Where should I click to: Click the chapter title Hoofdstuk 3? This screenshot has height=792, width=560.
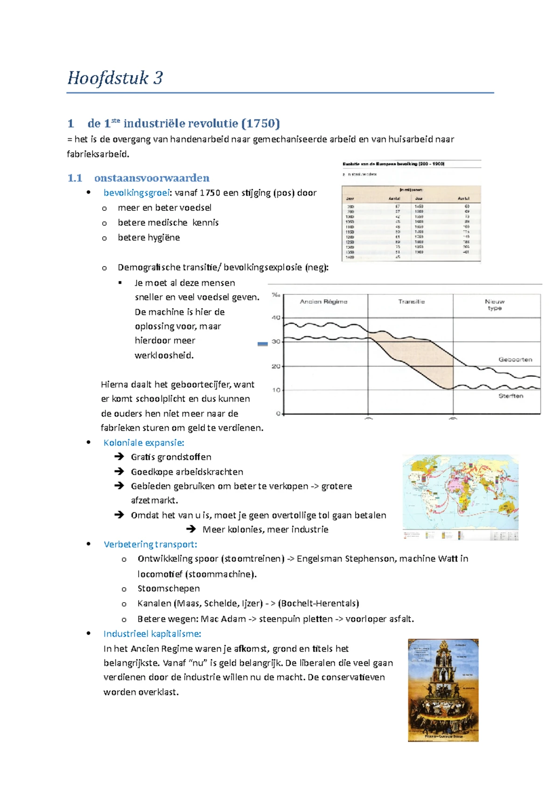(115, 78)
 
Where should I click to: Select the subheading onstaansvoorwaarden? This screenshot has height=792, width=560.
(152, 178)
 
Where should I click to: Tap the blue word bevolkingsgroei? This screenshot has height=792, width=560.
(136, 193)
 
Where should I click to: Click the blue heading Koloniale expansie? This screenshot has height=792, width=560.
(144, 443)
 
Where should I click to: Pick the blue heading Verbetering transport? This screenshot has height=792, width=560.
(150, 544)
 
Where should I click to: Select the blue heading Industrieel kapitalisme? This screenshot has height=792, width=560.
(152, 633)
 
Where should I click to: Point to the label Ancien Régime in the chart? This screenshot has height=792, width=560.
(323, 302)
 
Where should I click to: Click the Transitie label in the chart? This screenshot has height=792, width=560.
(411, 302)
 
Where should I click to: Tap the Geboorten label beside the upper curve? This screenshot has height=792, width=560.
(515, 360)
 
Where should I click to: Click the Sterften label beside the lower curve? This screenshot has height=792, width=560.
(511, 396)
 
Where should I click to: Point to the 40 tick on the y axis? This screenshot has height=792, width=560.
(276, 318)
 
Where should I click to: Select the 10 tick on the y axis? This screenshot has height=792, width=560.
(276, 390)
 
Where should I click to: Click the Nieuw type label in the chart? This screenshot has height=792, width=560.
(495, 305)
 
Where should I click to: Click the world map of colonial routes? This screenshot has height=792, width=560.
(460, 497)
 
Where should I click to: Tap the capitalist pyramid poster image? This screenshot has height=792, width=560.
(443, 690)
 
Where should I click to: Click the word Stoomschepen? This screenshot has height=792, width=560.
(168, 589)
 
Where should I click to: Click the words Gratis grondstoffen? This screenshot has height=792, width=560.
(171, 457)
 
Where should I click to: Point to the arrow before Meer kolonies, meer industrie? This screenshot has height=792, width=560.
(190, 529)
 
